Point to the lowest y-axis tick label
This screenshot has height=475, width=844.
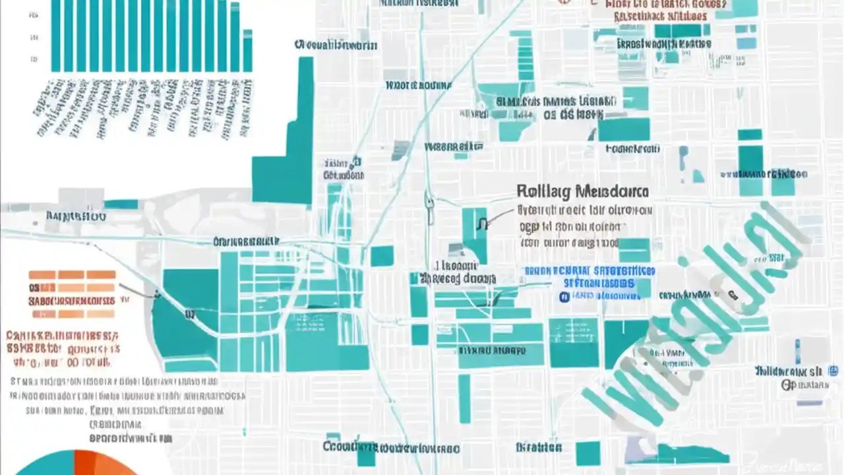(x=34, y=59)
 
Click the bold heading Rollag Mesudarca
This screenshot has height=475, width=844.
(x=582, y=192)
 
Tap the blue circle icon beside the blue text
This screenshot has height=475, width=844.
(x=564, y=297)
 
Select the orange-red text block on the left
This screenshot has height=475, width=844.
(x=63, y=348)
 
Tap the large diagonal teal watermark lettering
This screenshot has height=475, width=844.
(x=692, y=317)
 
